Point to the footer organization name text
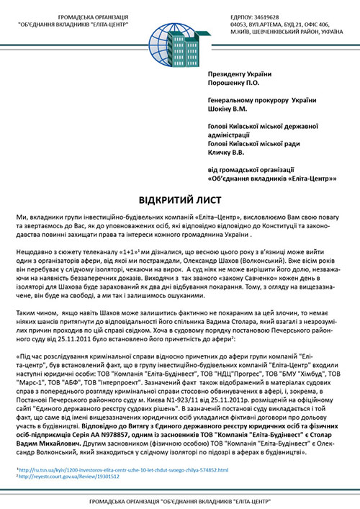(x=179, y=500)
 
